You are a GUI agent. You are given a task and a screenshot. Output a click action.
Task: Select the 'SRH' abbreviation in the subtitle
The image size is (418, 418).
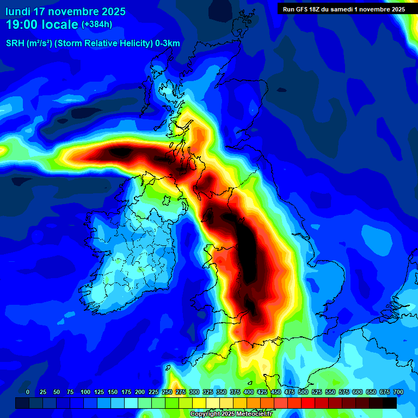[15, 44]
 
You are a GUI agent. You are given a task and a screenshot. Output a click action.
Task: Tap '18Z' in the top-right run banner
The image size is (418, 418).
[319, 9]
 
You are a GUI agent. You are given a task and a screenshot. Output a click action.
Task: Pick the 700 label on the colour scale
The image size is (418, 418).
[398, 392]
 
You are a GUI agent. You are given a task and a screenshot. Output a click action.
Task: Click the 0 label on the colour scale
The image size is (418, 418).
[28, 392]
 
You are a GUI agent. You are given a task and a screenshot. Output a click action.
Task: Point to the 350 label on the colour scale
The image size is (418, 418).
[221, 392]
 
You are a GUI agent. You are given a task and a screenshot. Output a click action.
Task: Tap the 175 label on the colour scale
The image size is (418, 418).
[126, 392]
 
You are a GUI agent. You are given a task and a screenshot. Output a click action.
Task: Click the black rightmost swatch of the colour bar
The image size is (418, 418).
[390, 403]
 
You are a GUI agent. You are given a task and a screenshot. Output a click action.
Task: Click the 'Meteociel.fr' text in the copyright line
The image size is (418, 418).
[254, 414]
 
